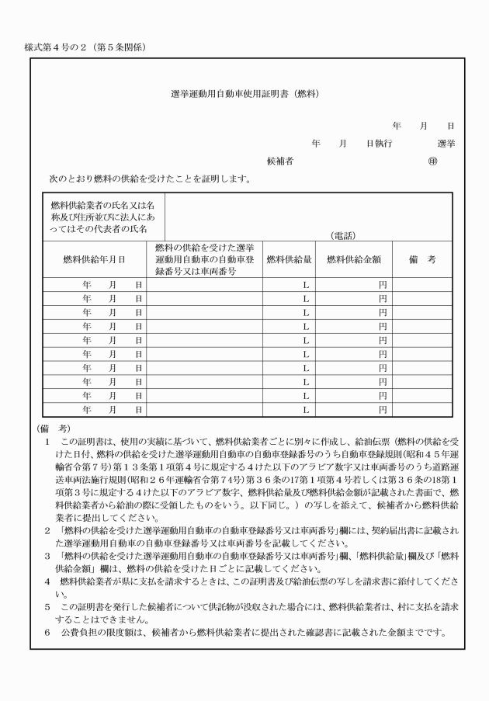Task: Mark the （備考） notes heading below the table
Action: [x=54, y=429]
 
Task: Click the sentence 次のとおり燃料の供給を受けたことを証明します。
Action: [x=149, y=179]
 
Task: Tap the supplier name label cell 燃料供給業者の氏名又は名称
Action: [x=102, y=217]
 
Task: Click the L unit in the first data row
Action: [x=306, y=285]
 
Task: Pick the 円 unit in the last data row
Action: [x=383, y=409]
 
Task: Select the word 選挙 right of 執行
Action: [x=446, y=144]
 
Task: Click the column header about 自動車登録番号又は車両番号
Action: [x=204, y=259]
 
